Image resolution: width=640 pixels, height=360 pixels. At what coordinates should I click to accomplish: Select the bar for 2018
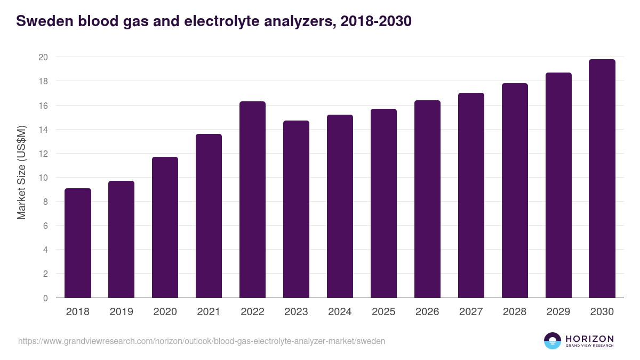78,243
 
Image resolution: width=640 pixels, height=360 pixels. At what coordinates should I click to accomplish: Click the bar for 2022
253,199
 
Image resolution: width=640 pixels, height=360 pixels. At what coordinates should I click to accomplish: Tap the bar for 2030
602,179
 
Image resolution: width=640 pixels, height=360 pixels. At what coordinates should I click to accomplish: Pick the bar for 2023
297,209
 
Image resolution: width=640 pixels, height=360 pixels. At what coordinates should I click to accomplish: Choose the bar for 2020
165,227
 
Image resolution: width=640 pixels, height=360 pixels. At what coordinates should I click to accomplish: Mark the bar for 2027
471,195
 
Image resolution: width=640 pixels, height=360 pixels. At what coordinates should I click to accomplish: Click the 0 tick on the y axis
45,298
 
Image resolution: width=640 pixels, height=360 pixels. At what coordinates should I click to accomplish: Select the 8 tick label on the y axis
45,202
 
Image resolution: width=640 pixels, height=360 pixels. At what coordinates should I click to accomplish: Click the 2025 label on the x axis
383,312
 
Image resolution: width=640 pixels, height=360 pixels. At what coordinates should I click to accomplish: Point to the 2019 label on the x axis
122,312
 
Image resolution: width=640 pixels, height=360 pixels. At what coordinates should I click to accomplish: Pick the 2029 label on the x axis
558,312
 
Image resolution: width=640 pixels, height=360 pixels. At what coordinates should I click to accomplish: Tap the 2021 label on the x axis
209,312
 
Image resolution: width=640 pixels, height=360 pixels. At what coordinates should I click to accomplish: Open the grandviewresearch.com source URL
202,341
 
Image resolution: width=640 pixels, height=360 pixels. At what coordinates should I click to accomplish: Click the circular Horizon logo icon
553,341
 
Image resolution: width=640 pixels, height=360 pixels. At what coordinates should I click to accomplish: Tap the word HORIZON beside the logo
589,338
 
